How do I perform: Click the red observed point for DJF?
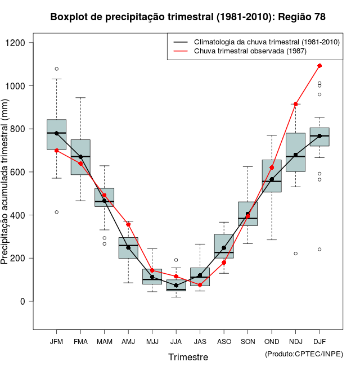(319, 66)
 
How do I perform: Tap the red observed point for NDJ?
(295, 104)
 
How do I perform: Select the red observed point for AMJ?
(128, 224)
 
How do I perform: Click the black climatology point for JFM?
(56, 133)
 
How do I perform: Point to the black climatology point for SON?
(247, 214)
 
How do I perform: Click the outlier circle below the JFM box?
(56, 212)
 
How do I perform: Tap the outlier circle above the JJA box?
(176, 260)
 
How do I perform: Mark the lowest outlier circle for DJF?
(319, 249)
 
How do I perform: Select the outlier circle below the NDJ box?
(295, 254)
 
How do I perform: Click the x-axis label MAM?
(104, 342)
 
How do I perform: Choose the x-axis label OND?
(272, 342)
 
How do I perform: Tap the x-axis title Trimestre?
(188, 357)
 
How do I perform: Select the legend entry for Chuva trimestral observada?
(247, 51)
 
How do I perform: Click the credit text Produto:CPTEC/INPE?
(303, 354)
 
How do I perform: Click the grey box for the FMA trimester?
(80, 157)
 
